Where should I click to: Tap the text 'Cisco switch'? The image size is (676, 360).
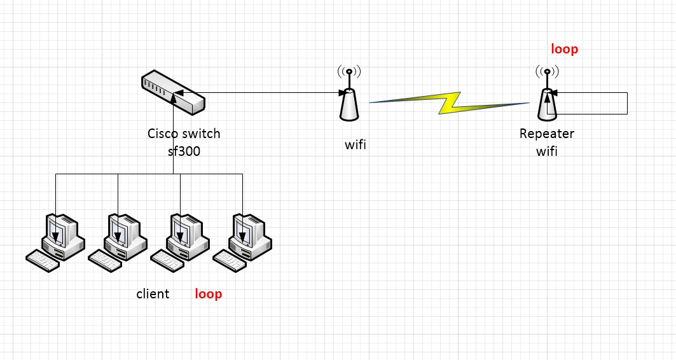184,134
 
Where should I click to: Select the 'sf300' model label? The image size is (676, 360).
184,151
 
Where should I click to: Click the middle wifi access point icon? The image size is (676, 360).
349,99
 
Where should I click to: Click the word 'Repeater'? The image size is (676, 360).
546,134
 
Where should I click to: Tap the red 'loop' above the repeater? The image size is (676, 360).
564,49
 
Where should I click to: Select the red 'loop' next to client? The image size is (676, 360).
208,294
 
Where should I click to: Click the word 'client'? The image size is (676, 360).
153,294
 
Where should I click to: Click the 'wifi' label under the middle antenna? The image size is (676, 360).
355,145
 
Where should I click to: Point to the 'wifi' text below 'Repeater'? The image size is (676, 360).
546,151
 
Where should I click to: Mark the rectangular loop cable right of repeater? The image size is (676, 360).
627,104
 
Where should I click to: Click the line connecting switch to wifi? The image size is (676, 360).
267,93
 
